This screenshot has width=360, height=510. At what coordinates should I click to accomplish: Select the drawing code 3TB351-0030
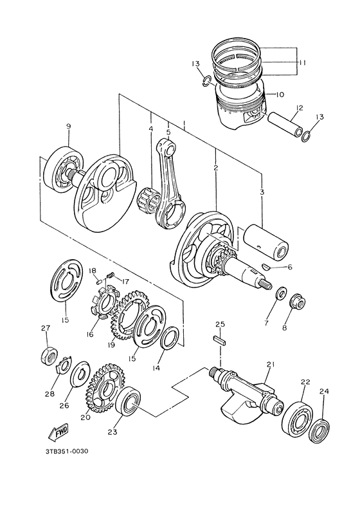pos(62,451)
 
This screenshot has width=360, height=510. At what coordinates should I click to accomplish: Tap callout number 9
pos(67,127)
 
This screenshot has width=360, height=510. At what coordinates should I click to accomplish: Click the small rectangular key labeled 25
pos(219,340)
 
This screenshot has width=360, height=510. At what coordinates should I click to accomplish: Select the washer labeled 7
pos(280,295)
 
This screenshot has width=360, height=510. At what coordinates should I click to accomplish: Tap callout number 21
pos(270,365)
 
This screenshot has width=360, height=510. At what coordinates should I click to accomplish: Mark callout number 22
pos(304,382)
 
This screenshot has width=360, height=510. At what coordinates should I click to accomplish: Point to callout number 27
pos(44,329)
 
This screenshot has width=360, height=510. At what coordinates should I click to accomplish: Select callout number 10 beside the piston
pos(279,95)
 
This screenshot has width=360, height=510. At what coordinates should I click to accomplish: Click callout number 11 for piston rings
pos(301,62)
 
